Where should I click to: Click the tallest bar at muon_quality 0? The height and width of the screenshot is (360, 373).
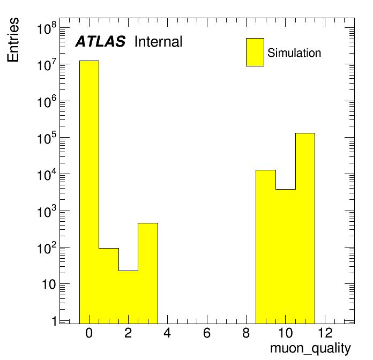pyautogui.click(x=89, y=192)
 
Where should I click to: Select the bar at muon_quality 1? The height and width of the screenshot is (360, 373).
pyautogui.click(x=109, y=286)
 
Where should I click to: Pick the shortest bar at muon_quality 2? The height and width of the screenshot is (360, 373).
pyautogui.click(x=129, y=297)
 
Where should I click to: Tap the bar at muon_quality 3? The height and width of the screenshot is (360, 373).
pyautogui.click(x=148, y=273)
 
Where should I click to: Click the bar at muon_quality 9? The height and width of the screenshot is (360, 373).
pyautogui.click(x=266, y=247)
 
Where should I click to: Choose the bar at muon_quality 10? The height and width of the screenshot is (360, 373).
pyautogui.click(x=286, y=256)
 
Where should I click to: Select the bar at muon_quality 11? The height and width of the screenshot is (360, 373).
pyautogui.click(x=305, y=228)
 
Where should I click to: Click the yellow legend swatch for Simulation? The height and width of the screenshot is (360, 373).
pyautogui.click(x=255, y=52)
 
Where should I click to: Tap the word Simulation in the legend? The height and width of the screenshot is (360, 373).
pyautogui.click(x=294, y=53)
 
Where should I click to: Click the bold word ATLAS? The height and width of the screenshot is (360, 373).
pyautogui.click(x=100, y=41)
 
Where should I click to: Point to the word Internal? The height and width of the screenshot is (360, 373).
pyautogui.click(x=158, y=42)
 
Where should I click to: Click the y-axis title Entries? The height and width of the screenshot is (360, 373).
pyautogui.click(x=13, y=40)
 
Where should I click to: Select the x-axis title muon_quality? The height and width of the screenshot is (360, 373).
pyautogui.click(x=310, y=349)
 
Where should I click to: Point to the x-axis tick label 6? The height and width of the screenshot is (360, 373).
pyautogui.click(x=207, y=333)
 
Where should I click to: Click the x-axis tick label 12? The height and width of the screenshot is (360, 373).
pyautogui.click(x=325, y=333)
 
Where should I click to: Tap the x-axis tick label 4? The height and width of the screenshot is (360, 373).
pyautogui.click(x=167, y=333)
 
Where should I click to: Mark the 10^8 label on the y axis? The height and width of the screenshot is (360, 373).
pyautogui.click(x=47, y=28)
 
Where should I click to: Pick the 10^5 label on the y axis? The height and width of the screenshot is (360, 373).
pyautogui.click(x=47, y=138)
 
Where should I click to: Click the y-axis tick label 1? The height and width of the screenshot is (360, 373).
pyautogui.click(x=55, y=321)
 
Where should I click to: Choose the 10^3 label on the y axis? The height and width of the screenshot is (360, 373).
pyautogui.click(x=47, y=212)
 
